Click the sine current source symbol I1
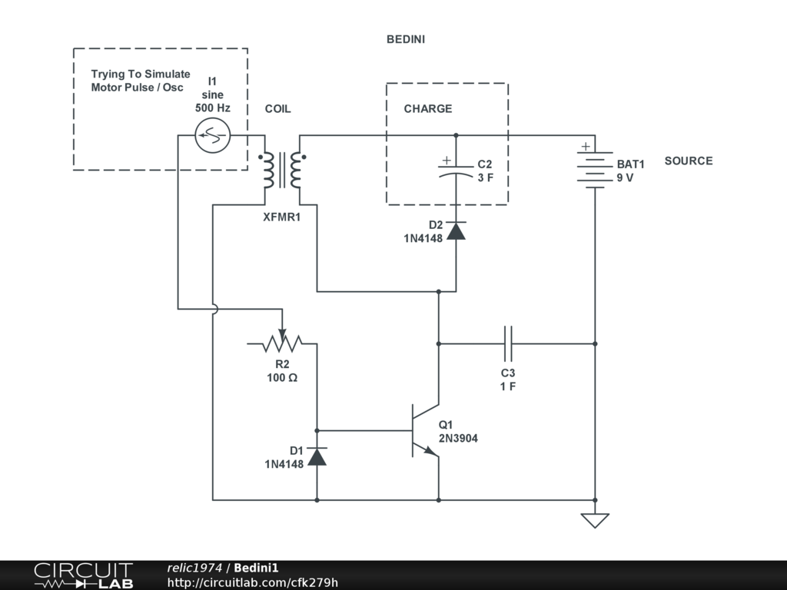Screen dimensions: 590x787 pos(211,137)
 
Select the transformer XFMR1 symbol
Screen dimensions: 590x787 pos(282,171)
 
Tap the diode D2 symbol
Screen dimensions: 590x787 pos(456,230)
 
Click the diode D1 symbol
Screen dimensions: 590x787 pos(317,456)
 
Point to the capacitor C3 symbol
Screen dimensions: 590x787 pos(508,343)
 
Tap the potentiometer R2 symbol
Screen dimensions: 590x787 pos(282,343)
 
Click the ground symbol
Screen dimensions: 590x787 pos(595,520)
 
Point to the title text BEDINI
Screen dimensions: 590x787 pos(406,39)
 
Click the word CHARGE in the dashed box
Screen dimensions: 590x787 pos(428,109)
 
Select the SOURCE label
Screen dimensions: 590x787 pos(689,161)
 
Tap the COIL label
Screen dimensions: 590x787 pos(278,109)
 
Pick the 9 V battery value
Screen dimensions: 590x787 pos(625,177)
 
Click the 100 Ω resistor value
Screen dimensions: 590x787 pos(282,378)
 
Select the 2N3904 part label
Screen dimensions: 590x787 pos(458,439)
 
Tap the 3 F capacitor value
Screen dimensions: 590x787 pos(485,178)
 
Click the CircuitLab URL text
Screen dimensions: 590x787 pos(252,582)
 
